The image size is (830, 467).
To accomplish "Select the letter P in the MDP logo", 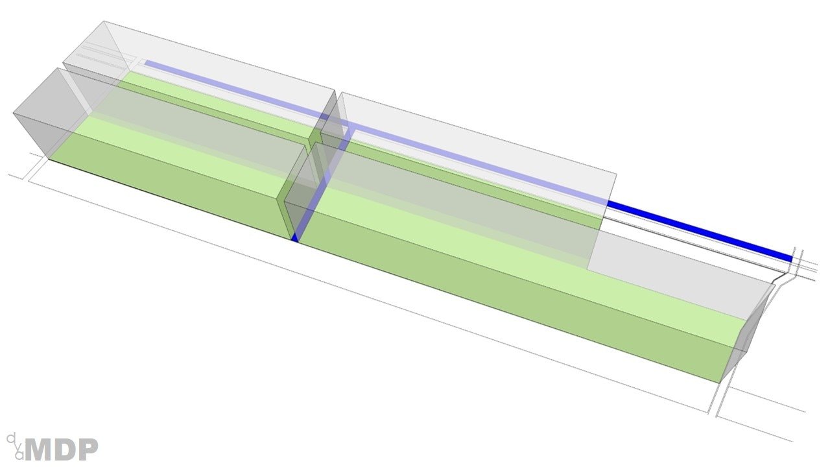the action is click(x=88, y=449).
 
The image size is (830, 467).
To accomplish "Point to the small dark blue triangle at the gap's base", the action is click(x=294, y=238).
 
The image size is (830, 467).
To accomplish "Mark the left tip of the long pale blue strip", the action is click(x=145, y=63).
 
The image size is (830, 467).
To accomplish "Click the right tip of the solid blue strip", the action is click(x=792, y=259).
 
